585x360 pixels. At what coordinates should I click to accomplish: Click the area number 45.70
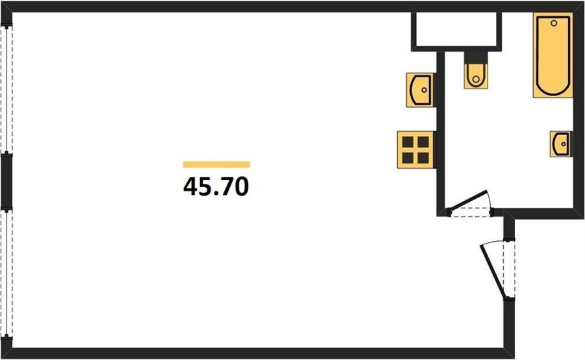point(216,186)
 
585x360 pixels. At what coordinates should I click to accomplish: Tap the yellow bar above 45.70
point(216,164)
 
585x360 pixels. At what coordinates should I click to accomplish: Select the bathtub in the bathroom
point(553,55)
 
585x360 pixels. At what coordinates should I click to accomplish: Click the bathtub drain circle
point(554,23)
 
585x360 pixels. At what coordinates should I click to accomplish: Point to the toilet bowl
point(476,77)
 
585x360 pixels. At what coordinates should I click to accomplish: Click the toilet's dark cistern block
point(476,57)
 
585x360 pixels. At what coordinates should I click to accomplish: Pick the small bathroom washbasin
point(561,144)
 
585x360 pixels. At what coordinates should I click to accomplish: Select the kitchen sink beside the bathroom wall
point(420,90)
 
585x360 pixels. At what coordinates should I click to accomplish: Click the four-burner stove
point(415,149)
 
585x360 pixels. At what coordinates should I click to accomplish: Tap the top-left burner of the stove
point(408,142)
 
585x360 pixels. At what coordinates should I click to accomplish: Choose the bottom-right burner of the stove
point(423,158)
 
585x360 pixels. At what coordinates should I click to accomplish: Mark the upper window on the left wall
point(7,90)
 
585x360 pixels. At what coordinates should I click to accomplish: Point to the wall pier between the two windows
point(6,181)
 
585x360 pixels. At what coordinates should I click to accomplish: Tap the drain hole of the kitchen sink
point(424,90)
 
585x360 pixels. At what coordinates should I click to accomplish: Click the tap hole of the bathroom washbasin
point(564,144)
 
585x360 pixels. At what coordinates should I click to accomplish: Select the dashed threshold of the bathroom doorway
point(471,212)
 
